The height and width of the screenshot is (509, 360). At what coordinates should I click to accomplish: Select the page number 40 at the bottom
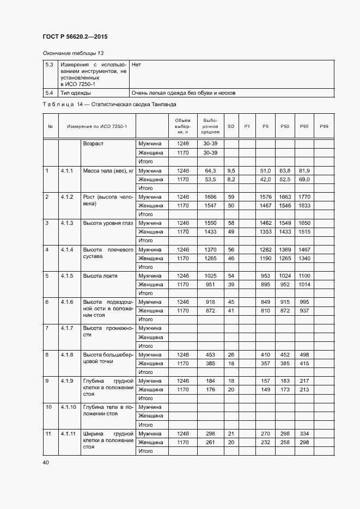(x=45, y=463)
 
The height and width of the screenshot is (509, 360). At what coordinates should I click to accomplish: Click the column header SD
(x=231, y=126)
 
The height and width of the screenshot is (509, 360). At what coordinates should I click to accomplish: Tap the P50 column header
(x=284, y=126)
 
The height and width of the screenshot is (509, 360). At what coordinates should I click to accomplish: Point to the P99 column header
(x=324, y=126)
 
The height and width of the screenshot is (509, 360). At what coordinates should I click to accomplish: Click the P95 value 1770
(x=304, y=197)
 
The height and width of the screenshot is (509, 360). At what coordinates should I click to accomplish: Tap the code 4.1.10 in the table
(x=68, y=407)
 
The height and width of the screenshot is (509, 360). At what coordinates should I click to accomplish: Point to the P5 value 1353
(x=265, y=232)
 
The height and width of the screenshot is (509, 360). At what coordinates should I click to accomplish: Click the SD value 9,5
(x=231, y=171)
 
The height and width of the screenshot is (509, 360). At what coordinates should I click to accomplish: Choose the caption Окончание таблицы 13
(x=72, y=53)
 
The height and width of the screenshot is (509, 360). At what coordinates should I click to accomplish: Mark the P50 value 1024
(x=284, y=276)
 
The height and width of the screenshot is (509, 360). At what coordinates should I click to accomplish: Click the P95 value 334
(x=304, y=434)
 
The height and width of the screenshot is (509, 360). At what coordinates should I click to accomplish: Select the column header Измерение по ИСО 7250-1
(x=97, y=126)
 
